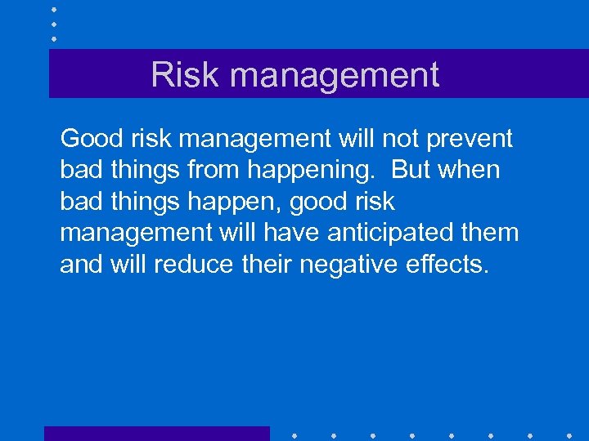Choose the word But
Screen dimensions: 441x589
411,170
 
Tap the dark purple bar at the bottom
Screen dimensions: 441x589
156,434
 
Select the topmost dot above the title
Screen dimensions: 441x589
54,10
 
